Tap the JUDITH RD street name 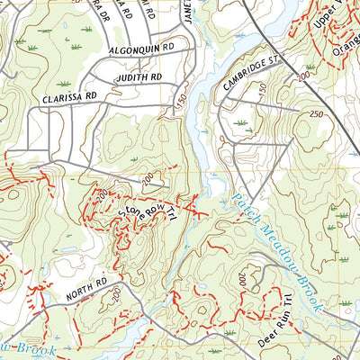pos(138,78)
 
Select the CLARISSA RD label pos(67,94)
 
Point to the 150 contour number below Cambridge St pos(262,88)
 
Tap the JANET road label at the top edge pos(189,11)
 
